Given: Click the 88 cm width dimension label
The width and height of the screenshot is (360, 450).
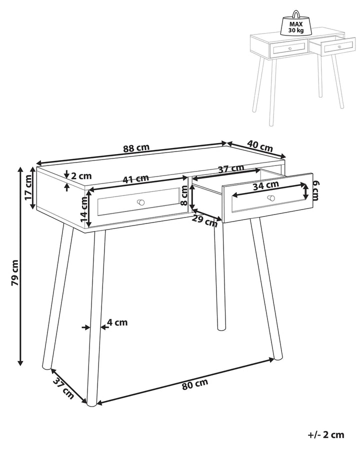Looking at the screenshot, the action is tap(136, 148).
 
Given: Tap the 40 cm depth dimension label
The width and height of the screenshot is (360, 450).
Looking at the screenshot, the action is tap(260, 146).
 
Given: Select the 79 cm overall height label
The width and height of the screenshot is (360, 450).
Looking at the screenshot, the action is tap(14, 272).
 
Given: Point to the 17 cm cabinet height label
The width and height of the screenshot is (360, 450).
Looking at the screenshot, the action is tap(28, 187).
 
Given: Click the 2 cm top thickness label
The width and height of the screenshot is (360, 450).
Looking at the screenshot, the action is tap(81, 175).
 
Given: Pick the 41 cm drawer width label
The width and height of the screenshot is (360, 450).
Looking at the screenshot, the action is tap(136, 179).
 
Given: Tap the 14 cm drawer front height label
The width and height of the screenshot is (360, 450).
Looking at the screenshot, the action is tap(84, 209).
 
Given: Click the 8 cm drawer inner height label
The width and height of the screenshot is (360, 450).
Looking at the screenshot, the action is tap(184, 195).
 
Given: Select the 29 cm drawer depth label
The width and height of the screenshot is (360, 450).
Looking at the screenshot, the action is tap(205, 220).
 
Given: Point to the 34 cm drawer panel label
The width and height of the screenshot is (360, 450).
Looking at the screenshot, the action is tap(266, 185).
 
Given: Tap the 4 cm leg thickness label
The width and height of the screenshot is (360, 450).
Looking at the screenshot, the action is tap(117, 322).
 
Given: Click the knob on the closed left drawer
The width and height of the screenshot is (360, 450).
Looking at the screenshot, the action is tap(140, 202).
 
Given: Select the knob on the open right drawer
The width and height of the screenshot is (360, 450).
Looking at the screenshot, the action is tap(271, 197).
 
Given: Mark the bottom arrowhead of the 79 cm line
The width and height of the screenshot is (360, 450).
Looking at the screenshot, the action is tap(20, 363).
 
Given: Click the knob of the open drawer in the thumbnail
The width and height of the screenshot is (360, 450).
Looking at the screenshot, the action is tap(339, 46).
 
